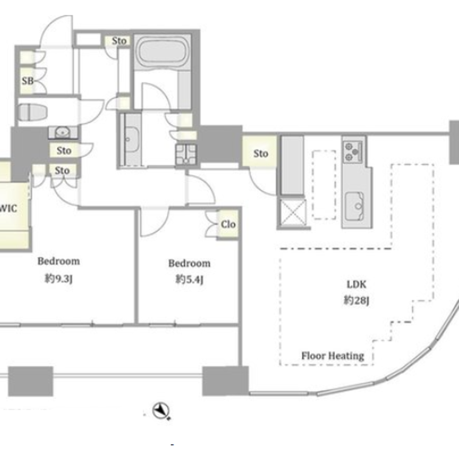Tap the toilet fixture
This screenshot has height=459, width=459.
[x=33, y=112]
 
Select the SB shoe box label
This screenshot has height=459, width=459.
[x=28, y=81]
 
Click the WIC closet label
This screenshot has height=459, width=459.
[x=8, y=208]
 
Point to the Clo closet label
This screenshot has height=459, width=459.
[x=228, y=224]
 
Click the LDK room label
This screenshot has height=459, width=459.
[x=356, y=284]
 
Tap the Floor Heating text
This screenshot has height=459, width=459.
[x=333, y=356]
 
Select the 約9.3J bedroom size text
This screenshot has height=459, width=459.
[x=59, y=279]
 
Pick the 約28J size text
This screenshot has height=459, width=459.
[x=356, y=300]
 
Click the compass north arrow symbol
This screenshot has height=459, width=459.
[x=161, y=411]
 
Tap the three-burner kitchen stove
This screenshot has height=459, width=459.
[x=353, y=151]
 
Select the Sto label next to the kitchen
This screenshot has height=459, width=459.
[x=261, y=153]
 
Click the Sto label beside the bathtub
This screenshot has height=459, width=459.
[x=119, y=41]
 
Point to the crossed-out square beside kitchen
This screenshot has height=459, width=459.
[x=293, y=213]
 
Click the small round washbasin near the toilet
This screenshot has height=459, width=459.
[x=62, y=132]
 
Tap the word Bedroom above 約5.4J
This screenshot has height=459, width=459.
[x=189, y=263]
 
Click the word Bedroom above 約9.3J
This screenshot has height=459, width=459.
[x=59, y=261]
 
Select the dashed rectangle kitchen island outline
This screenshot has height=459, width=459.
[x=324, y=185]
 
